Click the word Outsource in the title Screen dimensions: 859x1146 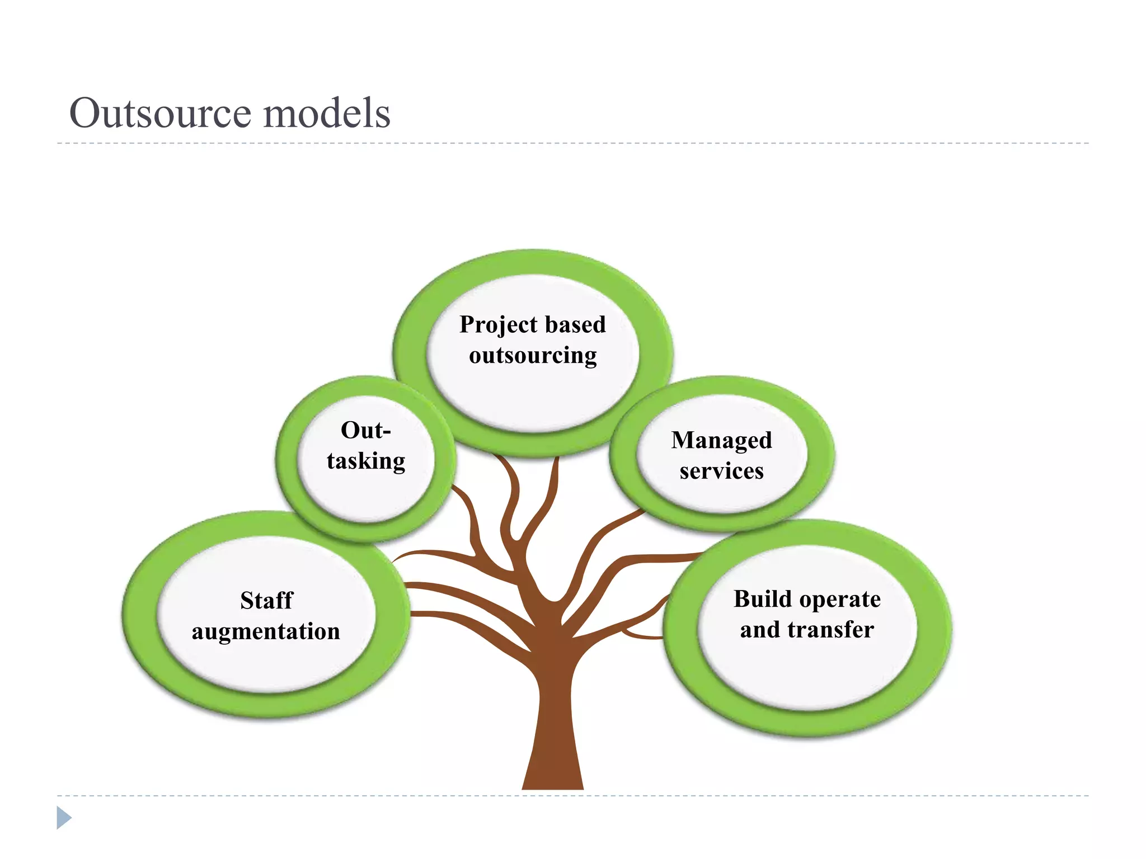pyautogui.click(x=161, y=113)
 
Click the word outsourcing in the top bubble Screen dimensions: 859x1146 pyautogui.click(x=533, y=356)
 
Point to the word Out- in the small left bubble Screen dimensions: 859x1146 pyautogui.click(x=365, y=431)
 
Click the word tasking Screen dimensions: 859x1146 pyautogui.click(x=366, y=461)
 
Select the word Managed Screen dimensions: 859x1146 pyautogui.click(x=721, y=441)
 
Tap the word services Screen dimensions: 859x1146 pyautogui.click(x=721, y=471)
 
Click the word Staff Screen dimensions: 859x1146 pyautogui.click(x=266, y=601)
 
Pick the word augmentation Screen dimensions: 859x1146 pyautogui.click(x=266, y=631)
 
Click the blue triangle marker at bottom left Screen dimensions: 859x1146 pyautogui.click(x=63, y=818)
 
